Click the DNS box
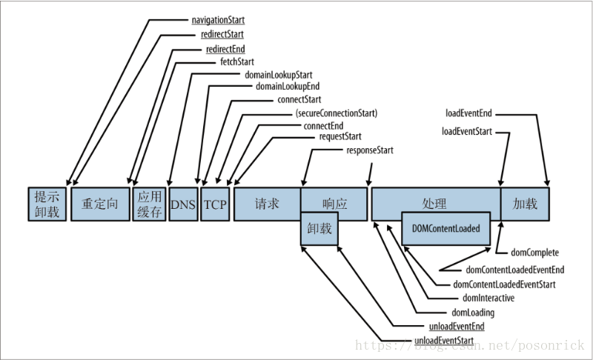(x=183, y=204)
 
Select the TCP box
(x=215, y=204)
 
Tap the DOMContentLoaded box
(x=446, y=229)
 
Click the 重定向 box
(x=100, y=204)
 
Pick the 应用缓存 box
(x=150, y=204)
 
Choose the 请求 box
(x=267, y=204)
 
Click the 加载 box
(x=525, y=204)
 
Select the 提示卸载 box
(x=47, y=204)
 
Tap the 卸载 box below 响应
(x=319, y=229)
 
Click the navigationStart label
(x=218, y=20)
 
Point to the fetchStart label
(x=237, y=61)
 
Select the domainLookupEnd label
(x=288, y=87)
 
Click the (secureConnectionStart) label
(x=337, y=113)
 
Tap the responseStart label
(x=370, y=150)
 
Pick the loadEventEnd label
(x=468, y=113)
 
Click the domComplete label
(x=534, y=253)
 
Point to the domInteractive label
(x=488, y=298)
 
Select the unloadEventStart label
(x=444, y=340)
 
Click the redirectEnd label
(x=225, y=49)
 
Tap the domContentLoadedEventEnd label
(x=515, y=270)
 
